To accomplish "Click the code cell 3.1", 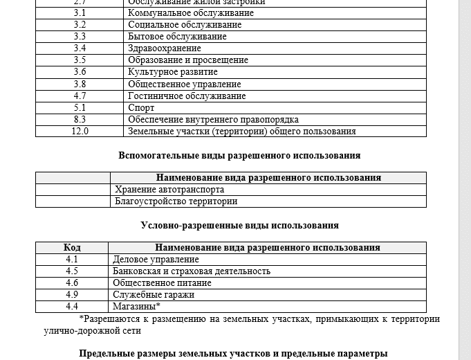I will [x=80, y=13].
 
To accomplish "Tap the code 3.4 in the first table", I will [x=80, y=48].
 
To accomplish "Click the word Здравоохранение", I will [x=165, y=48].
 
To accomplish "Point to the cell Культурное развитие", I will [x=173, y=72].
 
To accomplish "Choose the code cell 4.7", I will [x=80, y=96].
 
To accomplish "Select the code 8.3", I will [x=80, y=119].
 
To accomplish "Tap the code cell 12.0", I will [x=80, y=131].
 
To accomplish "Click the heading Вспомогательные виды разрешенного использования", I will [x=239, y=155].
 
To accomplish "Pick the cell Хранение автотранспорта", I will [x=169, y=189].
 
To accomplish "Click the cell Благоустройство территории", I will [x=176, y=201].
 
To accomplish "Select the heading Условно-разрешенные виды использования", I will [x=239, y=225].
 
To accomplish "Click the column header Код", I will [x=72, y=247].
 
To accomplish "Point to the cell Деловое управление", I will [x=156, y=260].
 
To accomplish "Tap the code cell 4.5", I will [x=72, y=271].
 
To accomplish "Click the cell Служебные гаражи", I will [x=153, y=294].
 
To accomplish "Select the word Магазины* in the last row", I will [x=136, y=306].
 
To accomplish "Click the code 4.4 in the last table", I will [x=72, y=306].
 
